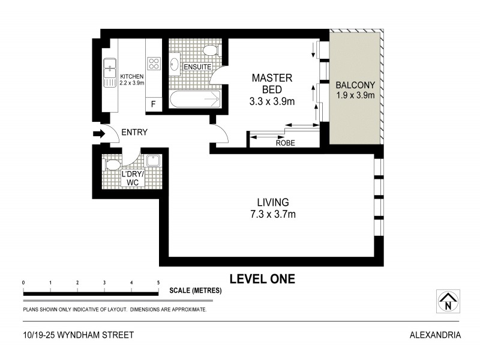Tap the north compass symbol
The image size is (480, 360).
point(447,301)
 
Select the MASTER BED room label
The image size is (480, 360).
point(272,84)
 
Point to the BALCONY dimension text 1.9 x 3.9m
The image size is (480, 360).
point(355,95)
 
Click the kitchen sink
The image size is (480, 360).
point(110,72)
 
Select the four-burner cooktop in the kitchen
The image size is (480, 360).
point(154,64)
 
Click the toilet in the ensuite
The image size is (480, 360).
point(210,50)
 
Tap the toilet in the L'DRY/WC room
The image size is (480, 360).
point(112,163)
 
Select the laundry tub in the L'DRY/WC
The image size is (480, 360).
point(152,161)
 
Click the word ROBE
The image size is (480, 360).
point(284,143)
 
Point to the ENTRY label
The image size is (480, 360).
point(134,133)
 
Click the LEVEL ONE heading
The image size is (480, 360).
point(262,278)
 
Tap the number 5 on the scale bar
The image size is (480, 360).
point(158,282)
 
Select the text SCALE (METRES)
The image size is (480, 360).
point(196,290)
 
